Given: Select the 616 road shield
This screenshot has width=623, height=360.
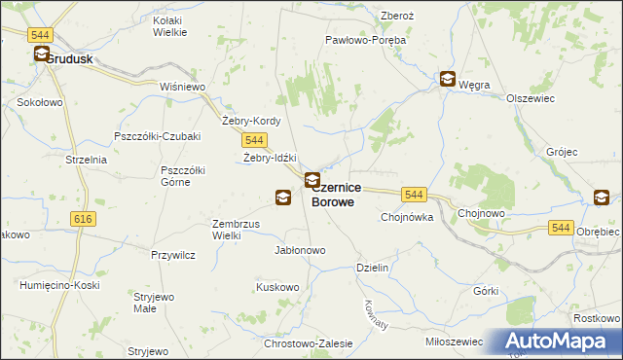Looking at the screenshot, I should tap(83, 220).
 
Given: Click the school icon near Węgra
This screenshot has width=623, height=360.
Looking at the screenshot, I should tap(447, 80).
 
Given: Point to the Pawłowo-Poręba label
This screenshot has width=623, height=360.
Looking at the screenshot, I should tap(365, 41).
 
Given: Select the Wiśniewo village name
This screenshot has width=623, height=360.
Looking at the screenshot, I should tap(184, 86).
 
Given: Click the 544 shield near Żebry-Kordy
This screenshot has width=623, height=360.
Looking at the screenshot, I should tap(255, 141).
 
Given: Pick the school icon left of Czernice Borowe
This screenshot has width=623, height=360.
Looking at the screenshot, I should tap(282, 198).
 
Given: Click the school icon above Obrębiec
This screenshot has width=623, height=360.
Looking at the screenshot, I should tap(602, 198).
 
